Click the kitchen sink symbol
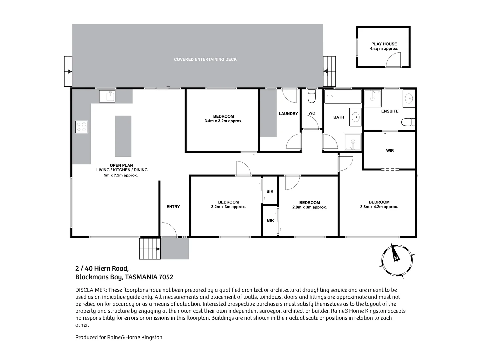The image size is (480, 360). pyautogui.click(x=107, y=96)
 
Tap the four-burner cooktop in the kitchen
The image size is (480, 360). pyautogui.click(x=82, y=127)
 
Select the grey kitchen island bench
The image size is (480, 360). pyautogui.click(x=123, y=136)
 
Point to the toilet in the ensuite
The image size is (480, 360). pyautogui.click(x=408, y=122)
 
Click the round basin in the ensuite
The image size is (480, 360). pyautogui.click(x=409, y=98)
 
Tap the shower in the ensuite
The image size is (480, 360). pyautogui.click(x=373, y=98)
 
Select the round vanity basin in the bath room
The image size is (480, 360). pyautogui.click(x=356, y=117)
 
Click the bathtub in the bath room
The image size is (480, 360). pyautogui.click(x=343, y=96)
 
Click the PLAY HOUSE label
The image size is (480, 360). pyautogui.click(x=384, y=44)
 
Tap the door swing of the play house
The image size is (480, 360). pyautogui.click(x=393, y=60)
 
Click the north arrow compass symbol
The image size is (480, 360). pyautogui.click(x=397, y=260)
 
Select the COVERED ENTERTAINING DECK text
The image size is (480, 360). pyautogui.click(x=205, y=59)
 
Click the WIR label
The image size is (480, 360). pyautogui.click(x=390, y=151)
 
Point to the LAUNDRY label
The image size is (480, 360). pyautogui.click(x=288, y=114)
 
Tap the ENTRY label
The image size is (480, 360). pyautogui.click(x=173, y=207)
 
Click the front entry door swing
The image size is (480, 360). pyautogui.click(x=169, y=230)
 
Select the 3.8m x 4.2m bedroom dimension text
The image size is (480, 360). pyautogui.click(x=379, y=207)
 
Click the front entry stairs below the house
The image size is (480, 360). pyautogui.click(x=150, y=249)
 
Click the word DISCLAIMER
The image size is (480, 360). pyautogui.click(x=91, y=290)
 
